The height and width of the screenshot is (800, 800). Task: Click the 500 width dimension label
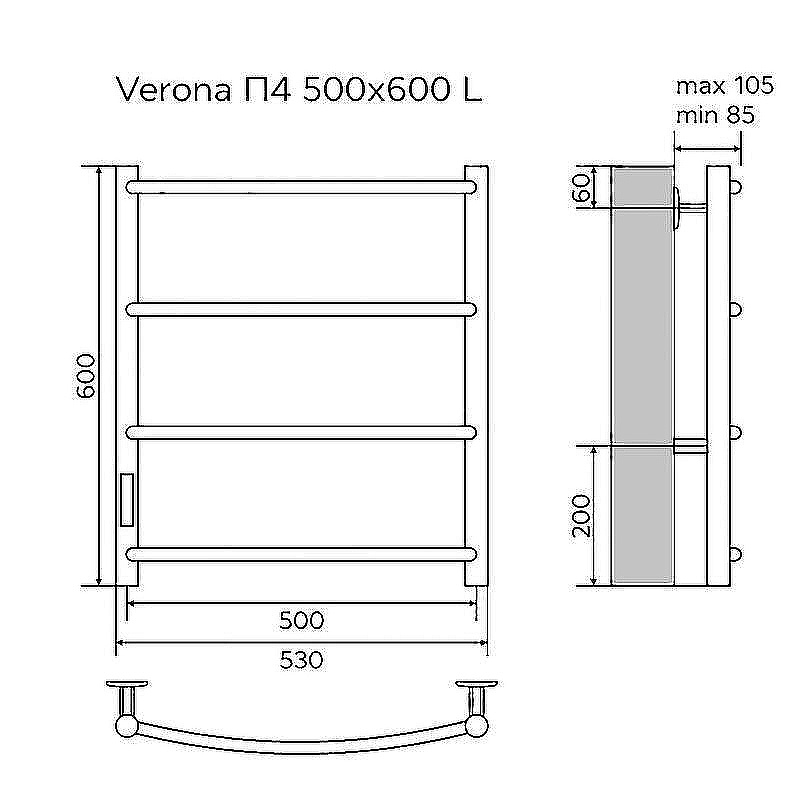pyautogui.click(x=301, y=620)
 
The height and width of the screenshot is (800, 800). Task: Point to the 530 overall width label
pyautogui.click(x=301, y=660)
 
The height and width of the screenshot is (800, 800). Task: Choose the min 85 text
pyautogui.click(x=714, y=115)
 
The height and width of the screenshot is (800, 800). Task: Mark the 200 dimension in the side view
pyautogui.click(x=582, y=516)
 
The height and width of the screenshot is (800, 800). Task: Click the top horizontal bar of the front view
pyautogui.click(x=300, y=186)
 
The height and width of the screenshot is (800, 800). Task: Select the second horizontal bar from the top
pyautogui.click(x=300, y=309)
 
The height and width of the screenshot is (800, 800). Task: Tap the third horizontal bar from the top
pyautogui.click(x=300, y=432)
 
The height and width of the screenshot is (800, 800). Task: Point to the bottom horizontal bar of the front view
pyautogui.click(x=300, y=553)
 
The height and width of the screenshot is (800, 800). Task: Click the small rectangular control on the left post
pyautogui.click(x=127, y=499)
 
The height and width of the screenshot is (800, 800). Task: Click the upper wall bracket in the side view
pyautogui.click(x=690, y=207)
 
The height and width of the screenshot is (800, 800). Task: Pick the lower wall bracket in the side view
pyautogui.click(x=691, y=445)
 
